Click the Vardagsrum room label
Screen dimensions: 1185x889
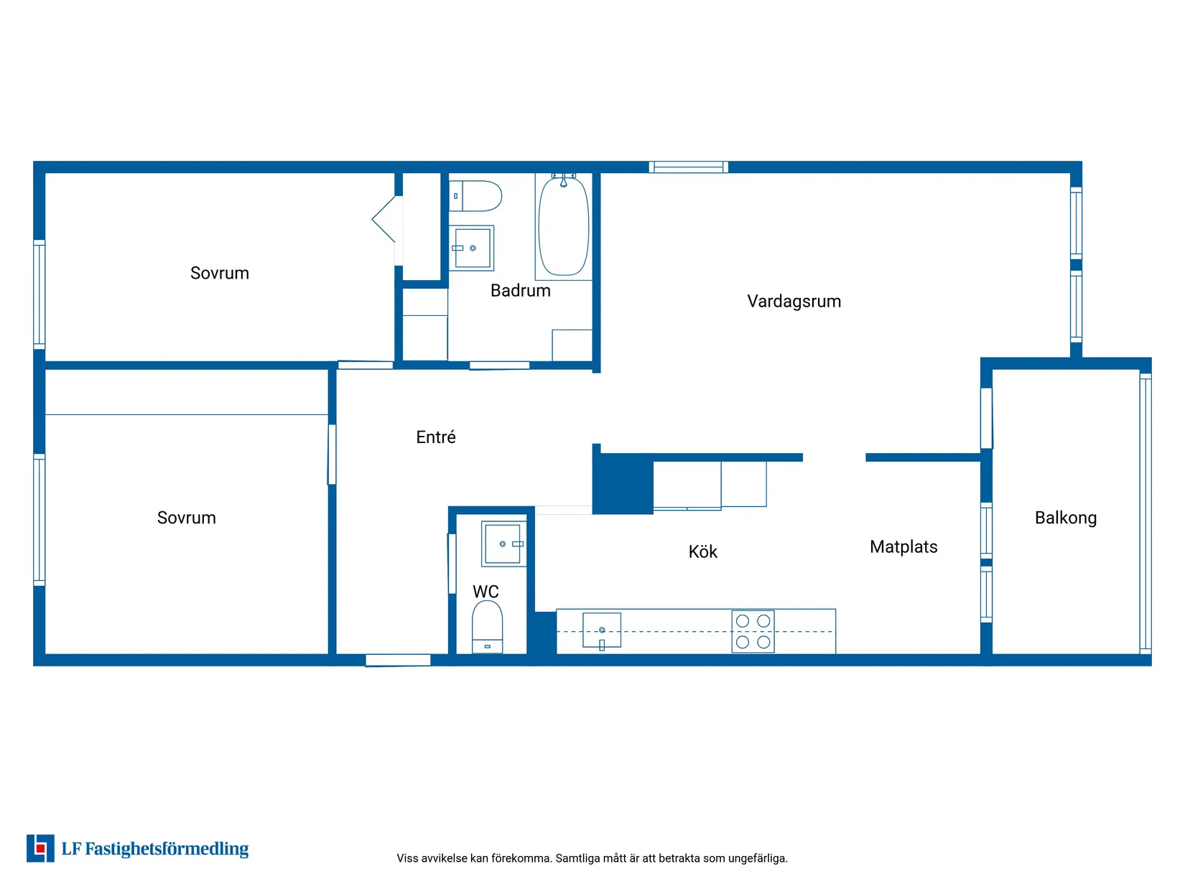tap(794, 301)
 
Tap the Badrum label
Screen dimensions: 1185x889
tap(521, 290)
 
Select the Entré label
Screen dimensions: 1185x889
tap(436, 437)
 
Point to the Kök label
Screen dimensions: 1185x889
tap(702, 551)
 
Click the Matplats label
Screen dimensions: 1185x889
tap(903, 546)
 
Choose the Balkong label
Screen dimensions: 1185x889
tap(1065, 518)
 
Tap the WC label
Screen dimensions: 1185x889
tap(485, 592)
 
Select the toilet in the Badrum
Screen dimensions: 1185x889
tap(475, 196)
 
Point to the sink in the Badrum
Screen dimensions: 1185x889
tap(472, 248)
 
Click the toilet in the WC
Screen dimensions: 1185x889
tap(487, 627)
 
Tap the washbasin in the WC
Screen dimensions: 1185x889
tap(503, 544)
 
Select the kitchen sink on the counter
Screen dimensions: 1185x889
tap(601, 630)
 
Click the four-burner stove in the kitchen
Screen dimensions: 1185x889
tap(753, 631)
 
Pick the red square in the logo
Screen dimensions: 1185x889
tap(40, 849)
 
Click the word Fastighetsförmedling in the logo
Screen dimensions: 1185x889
tap(167, 849)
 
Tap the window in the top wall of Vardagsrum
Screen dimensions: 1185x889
tap(688, 167)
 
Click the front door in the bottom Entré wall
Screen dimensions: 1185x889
tap(398, 660)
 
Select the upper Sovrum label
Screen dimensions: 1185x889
tap(219, 273)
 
